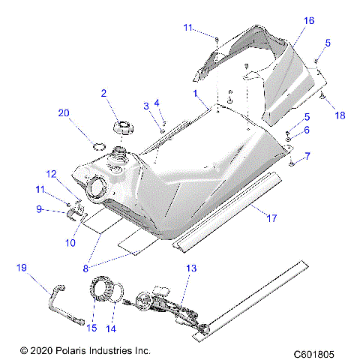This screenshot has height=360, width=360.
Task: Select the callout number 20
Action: pos(64,113)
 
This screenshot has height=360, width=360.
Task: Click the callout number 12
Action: pos(52,175)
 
